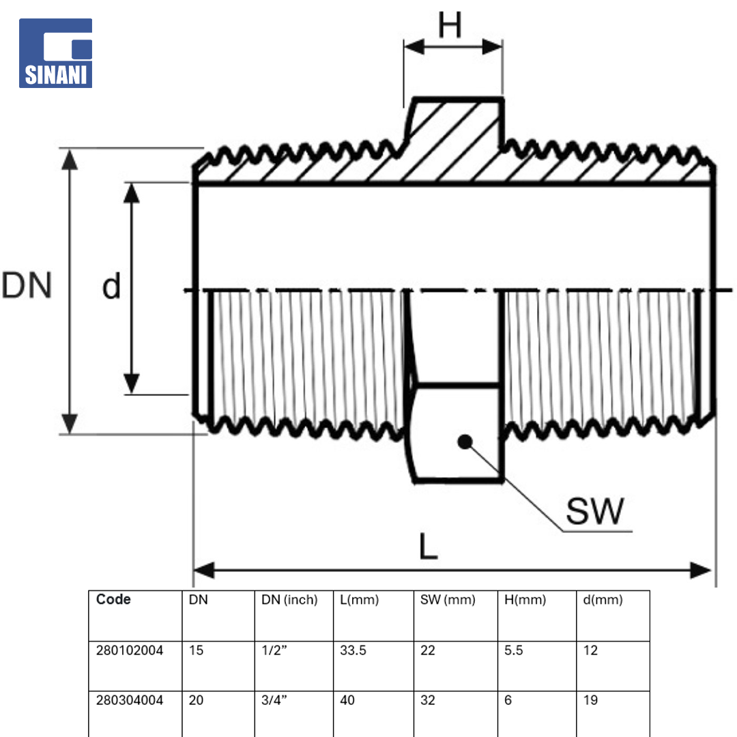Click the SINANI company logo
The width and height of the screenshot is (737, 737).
pos(55,53)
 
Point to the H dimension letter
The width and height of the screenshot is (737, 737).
pos(450,25)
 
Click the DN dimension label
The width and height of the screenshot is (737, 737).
pos(27,285)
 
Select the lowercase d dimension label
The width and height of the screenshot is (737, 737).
pos(111,286)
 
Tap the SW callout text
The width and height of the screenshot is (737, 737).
pos(595,511)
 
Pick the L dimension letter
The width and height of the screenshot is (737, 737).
pos(428,546)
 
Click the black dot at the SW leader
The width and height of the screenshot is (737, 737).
pos(465,442)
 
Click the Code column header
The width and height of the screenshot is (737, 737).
pos(113,599)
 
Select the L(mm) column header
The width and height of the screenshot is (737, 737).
pos(359,600)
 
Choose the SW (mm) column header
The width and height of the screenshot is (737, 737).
pos(448,600)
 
